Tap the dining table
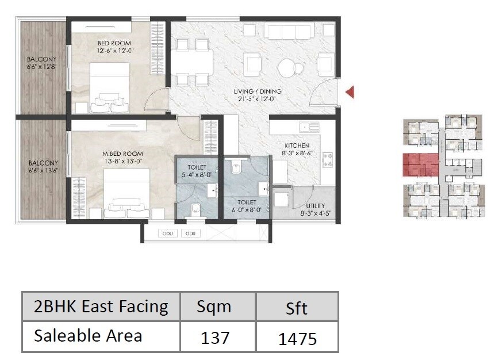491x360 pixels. (x=193, y=61)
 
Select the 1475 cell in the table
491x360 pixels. (x=297, y=338)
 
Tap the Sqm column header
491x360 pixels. (x=214, y=307)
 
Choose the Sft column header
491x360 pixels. (x=296, y=308)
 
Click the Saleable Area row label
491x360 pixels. (x=88, y=336)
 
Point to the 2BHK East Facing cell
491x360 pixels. (x=101, y=307)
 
